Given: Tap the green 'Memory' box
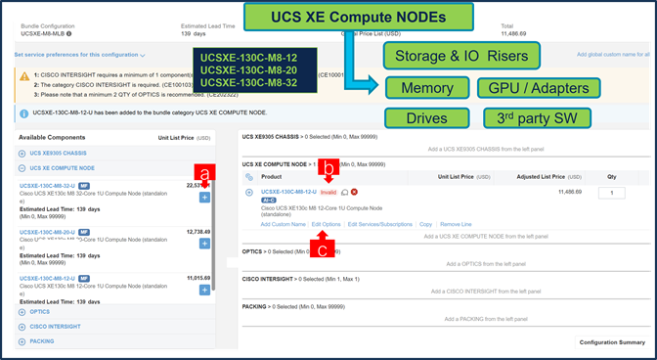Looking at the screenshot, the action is pyautogui.click(x=419, y=89).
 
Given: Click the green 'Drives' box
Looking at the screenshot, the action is pyautogui.click(x=421, y=118).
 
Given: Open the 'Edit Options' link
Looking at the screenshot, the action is pyautogui.click(x=326, y=224).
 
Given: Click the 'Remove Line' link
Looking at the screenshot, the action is pyautogui.click(x=456, y=224).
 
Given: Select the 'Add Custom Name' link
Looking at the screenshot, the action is pyautogui.click(x=283, y=224).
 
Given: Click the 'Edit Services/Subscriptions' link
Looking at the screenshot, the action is pyautogui.click(x=379, y=224).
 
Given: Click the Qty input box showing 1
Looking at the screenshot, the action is pyautogui.click(x=611, y=194).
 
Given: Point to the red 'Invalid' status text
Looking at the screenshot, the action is pyautogui.click(x=328, y=192).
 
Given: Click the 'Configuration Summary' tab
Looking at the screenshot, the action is pyautogui.click(x=612, y=342).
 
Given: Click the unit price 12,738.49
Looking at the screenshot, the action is pyautogui.click(x=198, y=232).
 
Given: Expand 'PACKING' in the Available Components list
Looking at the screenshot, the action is pyautogui.click(x=41, y=341).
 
